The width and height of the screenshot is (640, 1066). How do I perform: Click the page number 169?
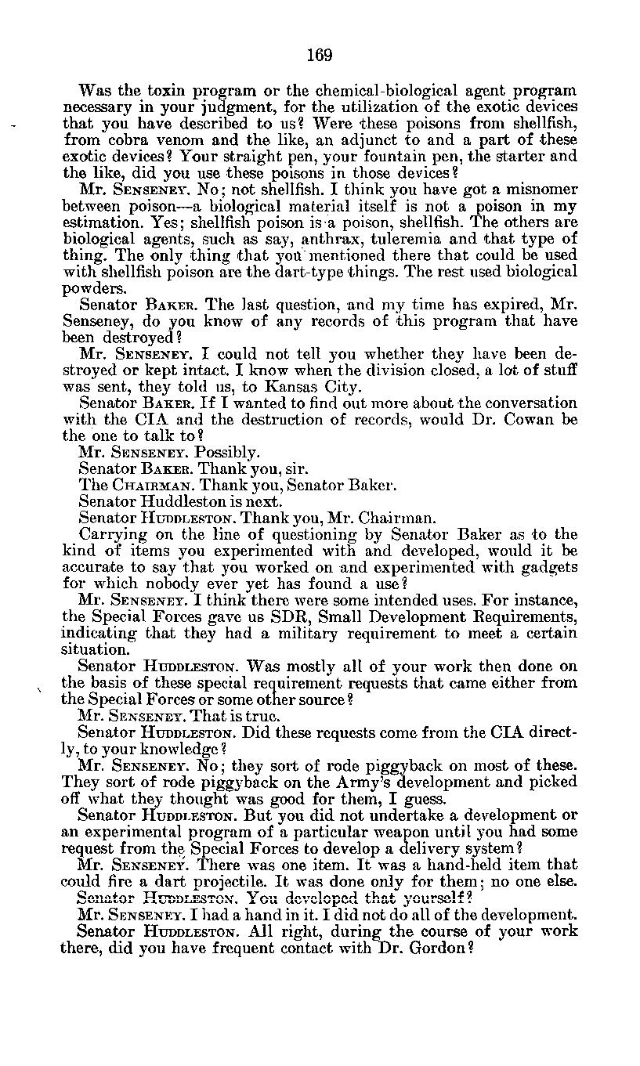[x=320, y=55]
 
